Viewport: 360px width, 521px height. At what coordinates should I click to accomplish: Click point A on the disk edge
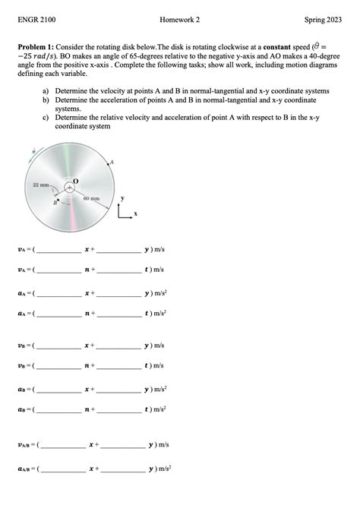tap(112, 163)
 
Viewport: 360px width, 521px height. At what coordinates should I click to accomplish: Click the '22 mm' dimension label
tap(40, 185)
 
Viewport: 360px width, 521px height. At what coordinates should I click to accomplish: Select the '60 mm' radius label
tap(90, 198)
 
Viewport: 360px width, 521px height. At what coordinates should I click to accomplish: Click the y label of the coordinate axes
tap(122, 199)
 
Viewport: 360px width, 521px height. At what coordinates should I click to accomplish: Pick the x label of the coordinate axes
tap(136, 215)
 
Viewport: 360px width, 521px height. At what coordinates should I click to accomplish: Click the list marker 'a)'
tap(46, 90)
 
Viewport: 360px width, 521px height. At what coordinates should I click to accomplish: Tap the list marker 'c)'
tap(46, 118)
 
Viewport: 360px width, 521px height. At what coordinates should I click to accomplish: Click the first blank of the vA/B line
tap(63, 444)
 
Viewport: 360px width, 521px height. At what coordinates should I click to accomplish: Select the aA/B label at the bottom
tap(27, 469)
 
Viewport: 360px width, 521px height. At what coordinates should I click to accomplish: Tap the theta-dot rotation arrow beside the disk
tap(33, 153)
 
